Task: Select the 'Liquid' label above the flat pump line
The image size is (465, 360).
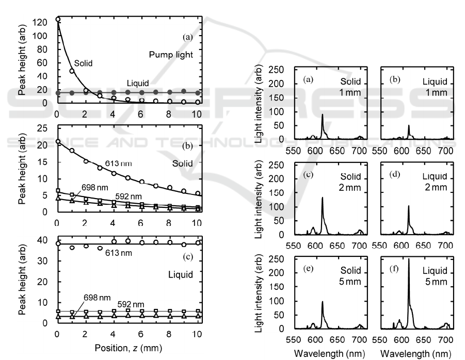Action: click(x=138, y=84)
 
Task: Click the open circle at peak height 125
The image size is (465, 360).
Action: click(x=58, y=20)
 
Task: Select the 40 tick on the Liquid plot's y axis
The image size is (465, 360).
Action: click(x=47, y=239)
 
